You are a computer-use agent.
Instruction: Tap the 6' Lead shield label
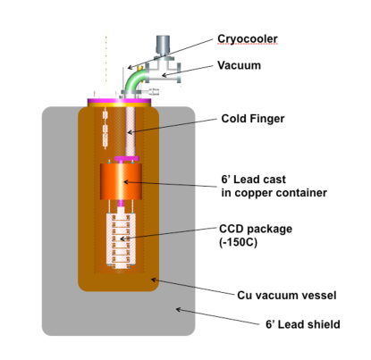tap(293, 324)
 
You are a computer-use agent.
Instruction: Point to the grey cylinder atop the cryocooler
tap(163, 44)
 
